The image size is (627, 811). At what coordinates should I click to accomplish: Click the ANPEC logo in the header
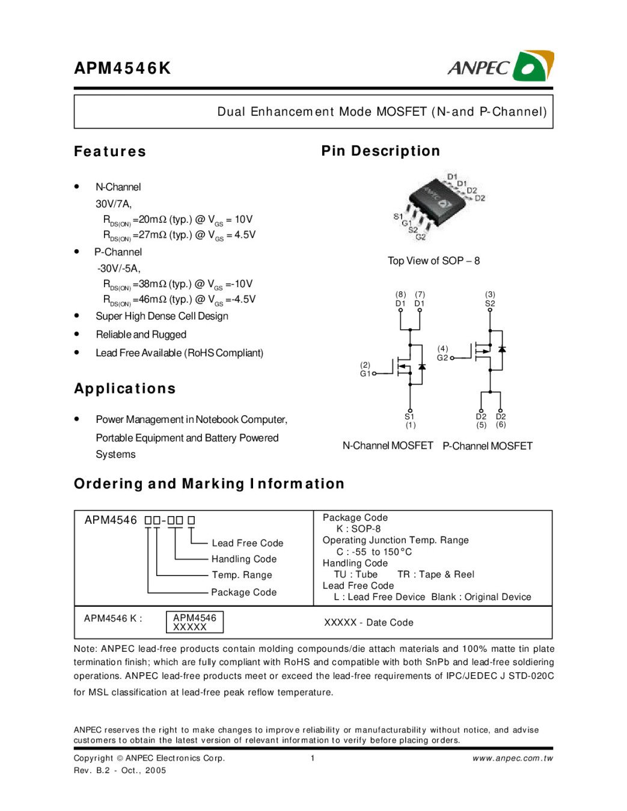[500, 66]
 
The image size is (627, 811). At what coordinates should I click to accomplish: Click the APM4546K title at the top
[123, 68]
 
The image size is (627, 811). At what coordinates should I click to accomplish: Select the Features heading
[110, 151]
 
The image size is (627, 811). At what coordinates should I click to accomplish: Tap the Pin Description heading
[381, 151]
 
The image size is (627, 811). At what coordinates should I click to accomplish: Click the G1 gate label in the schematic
[365, 374]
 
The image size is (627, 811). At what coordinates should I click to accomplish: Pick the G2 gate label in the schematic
[442, 358]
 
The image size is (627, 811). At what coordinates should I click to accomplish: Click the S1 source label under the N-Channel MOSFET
[409, 416]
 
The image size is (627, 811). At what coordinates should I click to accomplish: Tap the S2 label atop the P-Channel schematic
[490, 303]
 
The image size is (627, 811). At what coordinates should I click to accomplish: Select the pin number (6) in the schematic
[501, 425]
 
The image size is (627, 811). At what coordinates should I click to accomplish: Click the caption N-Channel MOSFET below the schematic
[388, 446]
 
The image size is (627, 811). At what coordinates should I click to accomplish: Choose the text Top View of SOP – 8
[433, 261]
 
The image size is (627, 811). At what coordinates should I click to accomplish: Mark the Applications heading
[125, 389]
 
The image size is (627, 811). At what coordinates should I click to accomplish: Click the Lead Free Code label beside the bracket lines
[247, 543]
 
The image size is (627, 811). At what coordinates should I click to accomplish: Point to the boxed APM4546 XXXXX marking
[194, 622]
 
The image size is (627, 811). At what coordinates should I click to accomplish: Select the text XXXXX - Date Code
[369, 622]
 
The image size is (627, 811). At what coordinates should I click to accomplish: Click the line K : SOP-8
[358, 529]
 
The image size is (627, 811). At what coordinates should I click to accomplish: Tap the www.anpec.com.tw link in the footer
[512, 758]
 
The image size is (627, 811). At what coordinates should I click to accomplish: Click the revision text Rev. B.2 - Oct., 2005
[120, 770]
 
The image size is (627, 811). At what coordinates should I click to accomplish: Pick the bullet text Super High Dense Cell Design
[162, 316]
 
